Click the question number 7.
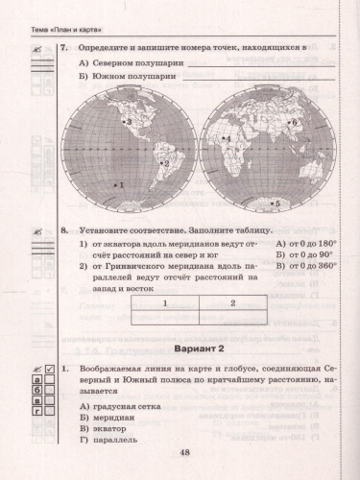tap(62, 46)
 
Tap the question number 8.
tap(62, 230)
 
